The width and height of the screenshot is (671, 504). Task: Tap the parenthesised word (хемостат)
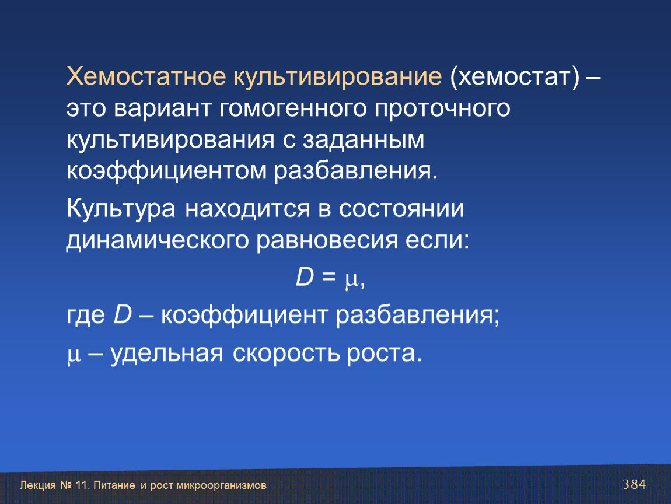(515, 78)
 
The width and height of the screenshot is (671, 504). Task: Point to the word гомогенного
(293, 108)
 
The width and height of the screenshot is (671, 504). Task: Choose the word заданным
(364, 141)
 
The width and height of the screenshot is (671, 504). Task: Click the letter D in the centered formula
(305, 276)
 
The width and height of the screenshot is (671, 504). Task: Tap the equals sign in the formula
(328, 276)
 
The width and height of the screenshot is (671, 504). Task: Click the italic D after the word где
(123, 314)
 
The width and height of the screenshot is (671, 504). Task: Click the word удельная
(167, 355)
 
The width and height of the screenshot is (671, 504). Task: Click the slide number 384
(634, 484)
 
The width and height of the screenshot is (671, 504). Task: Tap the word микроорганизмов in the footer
(221, 485)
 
